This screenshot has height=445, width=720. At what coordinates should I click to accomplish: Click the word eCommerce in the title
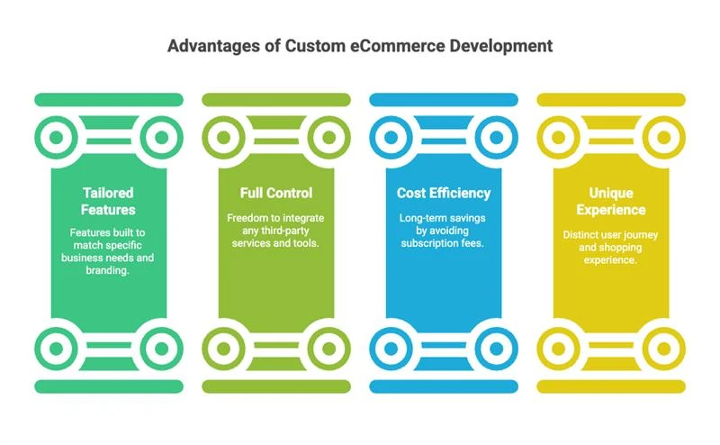[x=398, y=46]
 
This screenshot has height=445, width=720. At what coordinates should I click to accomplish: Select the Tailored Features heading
[x=108, y=202]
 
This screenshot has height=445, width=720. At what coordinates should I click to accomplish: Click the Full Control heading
[x=276, y=193]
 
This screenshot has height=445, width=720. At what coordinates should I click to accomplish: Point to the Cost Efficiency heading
[x=444, y=193]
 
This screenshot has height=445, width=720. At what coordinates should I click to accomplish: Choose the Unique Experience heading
[x=611, y=202]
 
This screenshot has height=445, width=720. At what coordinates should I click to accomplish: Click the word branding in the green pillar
[x=106, y=270]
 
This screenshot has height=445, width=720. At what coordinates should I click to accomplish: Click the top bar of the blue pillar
[x=444, y=100]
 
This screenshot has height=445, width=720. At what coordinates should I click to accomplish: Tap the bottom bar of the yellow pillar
[x=611, y=386]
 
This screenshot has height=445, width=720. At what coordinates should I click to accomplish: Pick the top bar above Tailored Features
[x=109, y=100]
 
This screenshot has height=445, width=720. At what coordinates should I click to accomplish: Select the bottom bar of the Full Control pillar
[x=276, y=386]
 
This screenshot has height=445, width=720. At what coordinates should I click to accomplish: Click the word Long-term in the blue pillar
[x=420, y=218]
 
